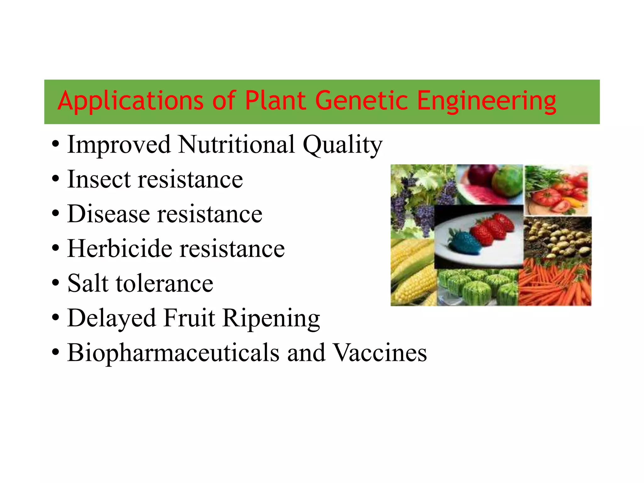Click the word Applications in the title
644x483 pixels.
click(x=130, y=101)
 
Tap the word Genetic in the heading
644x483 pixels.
click(x=361, y=101)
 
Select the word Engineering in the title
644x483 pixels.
click(x=486, y=101)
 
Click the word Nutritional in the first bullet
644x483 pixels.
click(x=236, y=144)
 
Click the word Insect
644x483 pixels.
click(x=99, y=179)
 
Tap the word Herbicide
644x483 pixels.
click(x=119, y=248)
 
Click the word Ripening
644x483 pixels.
click(x=271, y=318)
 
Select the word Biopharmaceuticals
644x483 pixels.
click(x=173, y=353)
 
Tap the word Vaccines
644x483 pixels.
click(x=380, y=353)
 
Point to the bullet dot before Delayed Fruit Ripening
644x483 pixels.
click(x=55, y=318)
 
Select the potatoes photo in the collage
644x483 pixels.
click(x=557, y=237)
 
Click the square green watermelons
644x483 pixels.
click(x=476, y=287)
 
